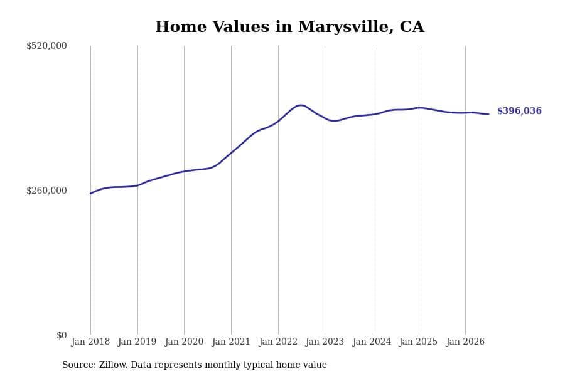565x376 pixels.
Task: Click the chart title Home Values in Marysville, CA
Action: point(289,26)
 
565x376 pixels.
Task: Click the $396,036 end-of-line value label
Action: point(519,111)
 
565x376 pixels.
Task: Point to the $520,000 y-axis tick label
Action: point(46,46)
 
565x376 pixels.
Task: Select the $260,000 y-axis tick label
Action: point(46,191)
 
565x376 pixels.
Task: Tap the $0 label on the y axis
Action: point(62,335)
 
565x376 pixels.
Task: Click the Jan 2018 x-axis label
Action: point(90,342)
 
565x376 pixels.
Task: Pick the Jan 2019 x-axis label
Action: point(137,342)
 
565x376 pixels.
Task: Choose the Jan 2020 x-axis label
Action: point(184,342)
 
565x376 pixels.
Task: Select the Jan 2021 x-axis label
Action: point(231,342)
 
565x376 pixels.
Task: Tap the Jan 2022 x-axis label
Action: point(278,342)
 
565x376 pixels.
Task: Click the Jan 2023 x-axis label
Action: point(325,342)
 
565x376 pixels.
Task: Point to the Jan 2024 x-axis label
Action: point(372,342)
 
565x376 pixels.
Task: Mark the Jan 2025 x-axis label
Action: point(418,342)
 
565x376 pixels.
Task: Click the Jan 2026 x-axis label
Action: point(465,342)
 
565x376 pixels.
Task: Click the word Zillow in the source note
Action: point(112,365)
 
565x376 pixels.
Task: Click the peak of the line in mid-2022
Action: point(301,105)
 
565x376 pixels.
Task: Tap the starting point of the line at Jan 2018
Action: point(90,194)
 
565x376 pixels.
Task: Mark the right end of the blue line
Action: point(488,114)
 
